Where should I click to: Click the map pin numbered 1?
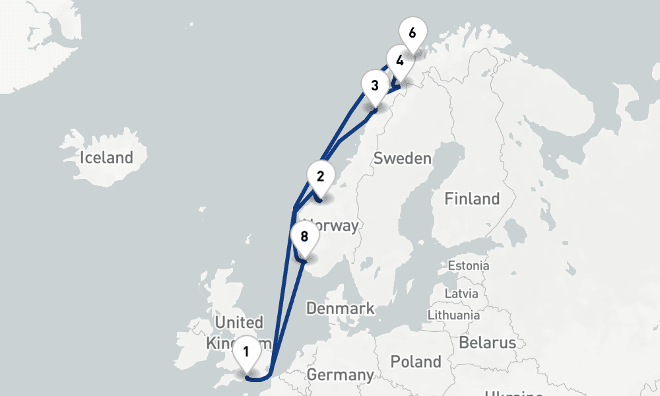246,351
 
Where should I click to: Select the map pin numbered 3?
375,85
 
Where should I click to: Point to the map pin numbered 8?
304,236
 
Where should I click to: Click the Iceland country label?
106,158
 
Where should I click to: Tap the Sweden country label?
402,158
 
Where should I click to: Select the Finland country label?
472,199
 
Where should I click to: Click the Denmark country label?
340,308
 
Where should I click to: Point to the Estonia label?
469,266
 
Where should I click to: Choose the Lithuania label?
454,315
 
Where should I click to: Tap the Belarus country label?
487,343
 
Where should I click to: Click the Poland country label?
416,362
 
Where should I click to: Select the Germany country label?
341,376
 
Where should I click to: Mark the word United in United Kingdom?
239,323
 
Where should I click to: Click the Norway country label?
333,226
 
